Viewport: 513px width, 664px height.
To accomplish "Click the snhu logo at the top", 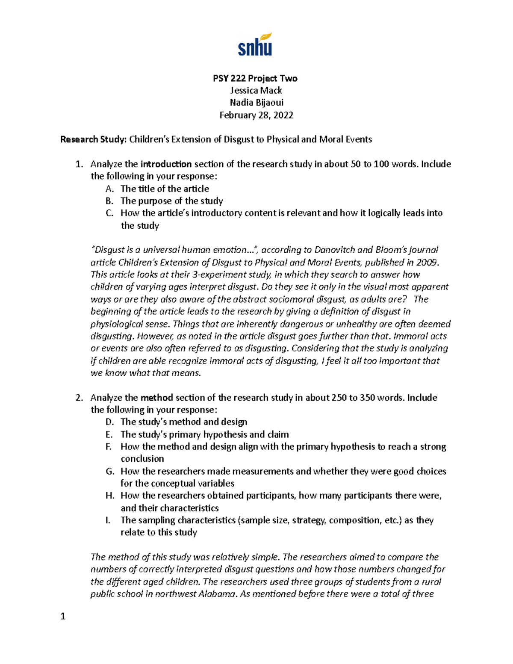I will (255, 45).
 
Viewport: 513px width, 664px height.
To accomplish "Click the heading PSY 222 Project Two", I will (255, 78).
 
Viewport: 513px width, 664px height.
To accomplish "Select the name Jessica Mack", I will (256, 91).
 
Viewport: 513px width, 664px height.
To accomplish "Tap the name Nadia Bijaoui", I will (256, 103).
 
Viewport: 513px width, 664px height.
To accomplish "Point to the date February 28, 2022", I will (256, 115).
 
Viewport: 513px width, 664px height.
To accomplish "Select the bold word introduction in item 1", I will (166, 164).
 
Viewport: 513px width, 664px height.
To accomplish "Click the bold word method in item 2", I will (156, 398).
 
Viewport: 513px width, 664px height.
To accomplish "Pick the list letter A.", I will (109, 189).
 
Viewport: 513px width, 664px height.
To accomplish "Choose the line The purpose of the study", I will (171, 201).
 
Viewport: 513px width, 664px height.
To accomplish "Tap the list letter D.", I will (109, 422).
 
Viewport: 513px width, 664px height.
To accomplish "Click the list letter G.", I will (110, 471).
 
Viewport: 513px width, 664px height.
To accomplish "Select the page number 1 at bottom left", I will (63, 616).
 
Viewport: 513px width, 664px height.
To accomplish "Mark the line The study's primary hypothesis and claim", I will (204, 434).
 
